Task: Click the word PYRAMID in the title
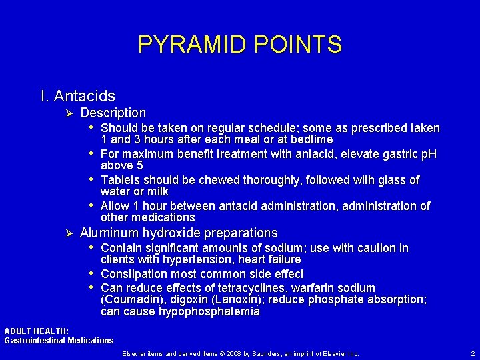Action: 190,45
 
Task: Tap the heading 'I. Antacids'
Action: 77,97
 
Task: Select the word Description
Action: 113,113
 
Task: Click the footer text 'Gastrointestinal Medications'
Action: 59,341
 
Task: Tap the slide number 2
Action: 472,353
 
